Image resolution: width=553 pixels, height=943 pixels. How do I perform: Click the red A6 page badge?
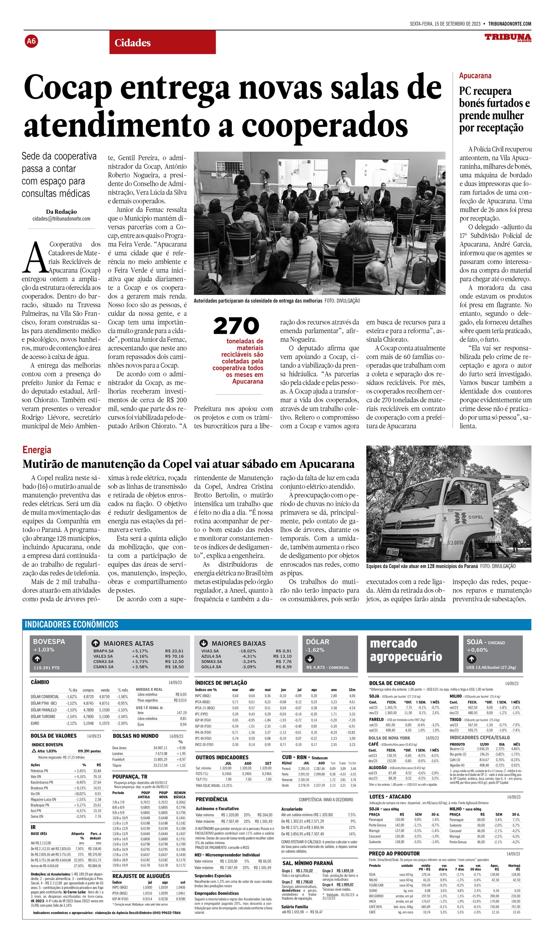point(31,41)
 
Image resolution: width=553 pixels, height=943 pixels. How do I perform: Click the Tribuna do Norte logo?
point(508,38)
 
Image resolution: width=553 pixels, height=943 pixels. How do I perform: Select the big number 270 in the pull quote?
point(236,326)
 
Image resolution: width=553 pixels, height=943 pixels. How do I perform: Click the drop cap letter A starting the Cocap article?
point(34,258)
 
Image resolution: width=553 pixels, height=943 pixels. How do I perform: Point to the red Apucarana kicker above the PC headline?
point(475,75)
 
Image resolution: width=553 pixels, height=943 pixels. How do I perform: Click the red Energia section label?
point(37,450)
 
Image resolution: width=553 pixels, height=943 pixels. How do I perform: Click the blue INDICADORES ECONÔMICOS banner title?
point(71,624)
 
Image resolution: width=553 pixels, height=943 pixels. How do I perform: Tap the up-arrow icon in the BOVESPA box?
point(37,659)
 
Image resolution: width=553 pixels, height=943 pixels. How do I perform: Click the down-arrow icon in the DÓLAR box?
point(310,659)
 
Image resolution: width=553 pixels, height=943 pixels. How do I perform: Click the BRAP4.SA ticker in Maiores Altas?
point(103,651)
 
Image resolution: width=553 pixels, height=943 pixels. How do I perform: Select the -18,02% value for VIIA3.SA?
point(247,651)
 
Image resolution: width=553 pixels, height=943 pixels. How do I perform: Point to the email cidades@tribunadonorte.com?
point(61,219)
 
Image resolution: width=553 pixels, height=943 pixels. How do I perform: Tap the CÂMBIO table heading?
point(40,682)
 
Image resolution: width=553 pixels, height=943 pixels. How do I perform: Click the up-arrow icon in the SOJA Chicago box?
point(471,659)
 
